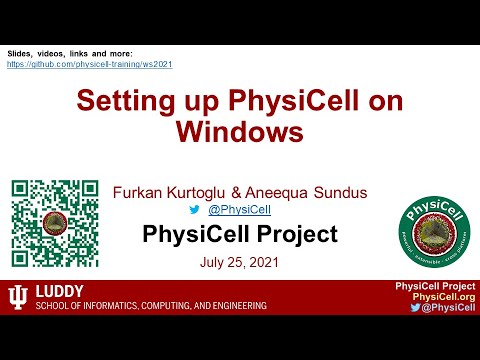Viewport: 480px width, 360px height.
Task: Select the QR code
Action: pyautogui.click(x=54, y=221)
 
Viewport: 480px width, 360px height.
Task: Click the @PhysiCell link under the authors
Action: pyautogui.click(x=245, y=209)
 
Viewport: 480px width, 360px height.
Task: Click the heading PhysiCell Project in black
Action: pyautogui.click(x=240, y=236)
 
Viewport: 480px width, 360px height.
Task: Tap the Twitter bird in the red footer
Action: pyautogui.click(x=415, y=308)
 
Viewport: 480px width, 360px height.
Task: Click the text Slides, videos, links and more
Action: pyautogui.click(x=70, y=52)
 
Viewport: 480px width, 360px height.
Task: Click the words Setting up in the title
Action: pyautogui.click(x=136, y=101)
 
